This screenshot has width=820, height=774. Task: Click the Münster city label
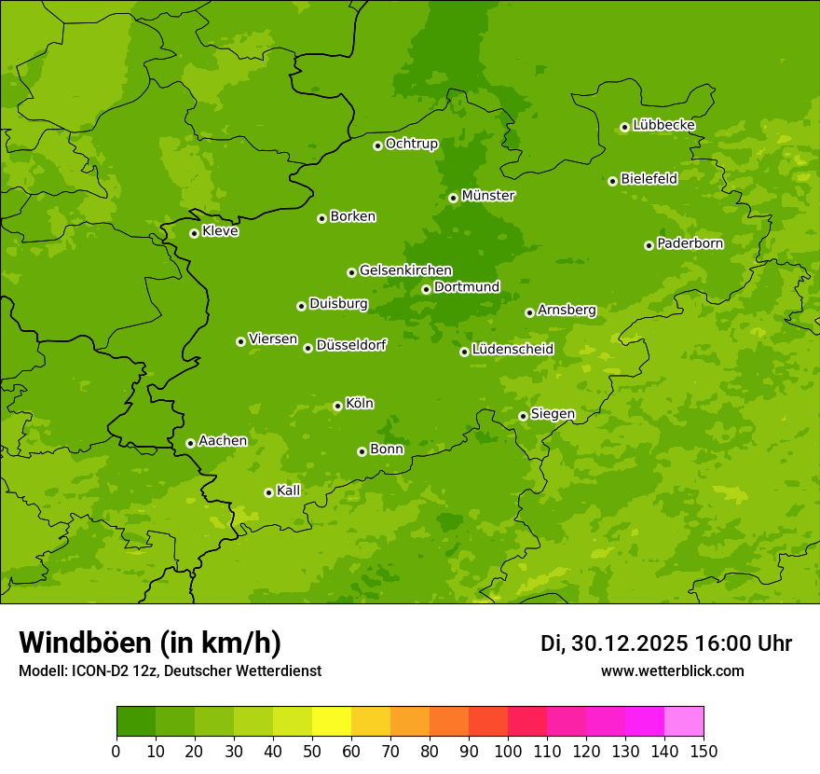click(487, 196)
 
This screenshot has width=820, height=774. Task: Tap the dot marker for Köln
click(337, 406)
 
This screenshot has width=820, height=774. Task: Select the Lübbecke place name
click(663, 125)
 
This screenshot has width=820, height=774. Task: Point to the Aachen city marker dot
click(190, 443)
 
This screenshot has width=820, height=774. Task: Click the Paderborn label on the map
click(690, 243)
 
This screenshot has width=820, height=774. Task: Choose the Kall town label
click(288, 491)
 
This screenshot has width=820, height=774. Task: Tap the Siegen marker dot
click(523, 416)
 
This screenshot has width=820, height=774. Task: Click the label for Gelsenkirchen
click(405, 270)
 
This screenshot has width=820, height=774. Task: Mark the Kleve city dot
click(194, 233)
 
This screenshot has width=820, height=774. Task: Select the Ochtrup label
click(411, 144)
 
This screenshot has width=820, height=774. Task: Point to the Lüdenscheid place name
click(512, 350)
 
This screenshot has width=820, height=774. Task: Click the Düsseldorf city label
click(350, 345)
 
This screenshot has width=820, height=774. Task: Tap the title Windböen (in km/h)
click(150, 643)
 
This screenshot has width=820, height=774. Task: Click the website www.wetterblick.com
click(672, 670)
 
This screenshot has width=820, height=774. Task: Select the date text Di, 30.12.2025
click(614, 643)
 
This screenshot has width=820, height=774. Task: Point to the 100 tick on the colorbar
click(508, 751)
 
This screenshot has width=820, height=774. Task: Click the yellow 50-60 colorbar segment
click(332, 722)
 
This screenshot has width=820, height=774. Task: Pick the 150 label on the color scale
click(704, 751)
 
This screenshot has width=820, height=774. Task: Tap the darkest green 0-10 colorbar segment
click(136, 722)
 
